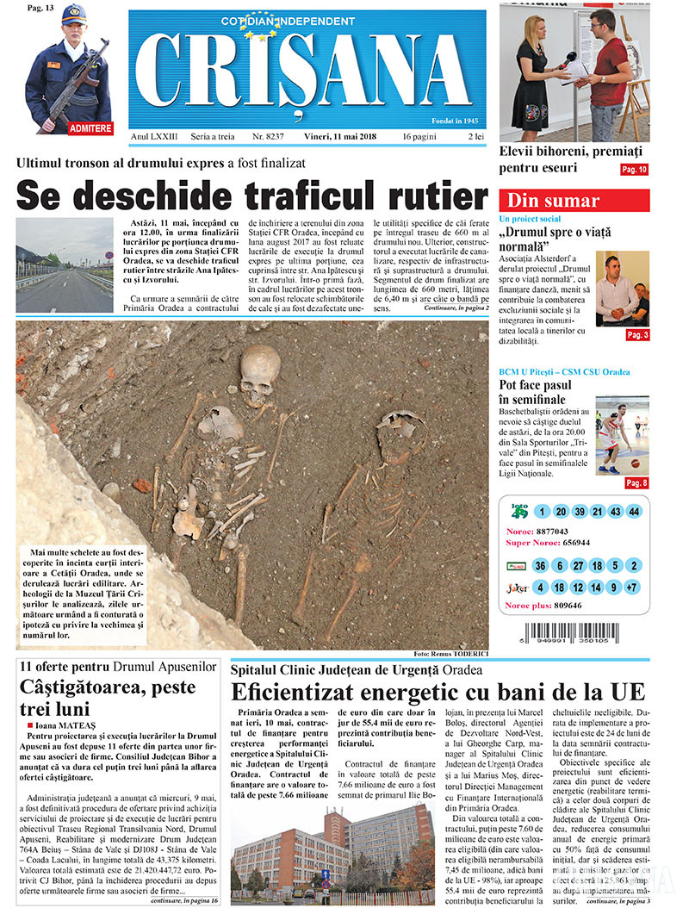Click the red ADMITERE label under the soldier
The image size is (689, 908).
tap(90, 127)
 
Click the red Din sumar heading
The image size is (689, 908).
tap(554, 201)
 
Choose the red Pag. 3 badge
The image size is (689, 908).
tap(637, 334)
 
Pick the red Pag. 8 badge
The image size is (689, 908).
tap(637, 482)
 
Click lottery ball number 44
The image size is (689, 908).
tap(634, 512)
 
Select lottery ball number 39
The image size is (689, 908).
tap(579, 512)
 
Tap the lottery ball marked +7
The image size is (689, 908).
tap(634, 588)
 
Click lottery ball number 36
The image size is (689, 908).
tap(541, 566)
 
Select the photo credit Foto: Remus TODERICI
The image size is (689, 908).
tap(450, 653)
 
